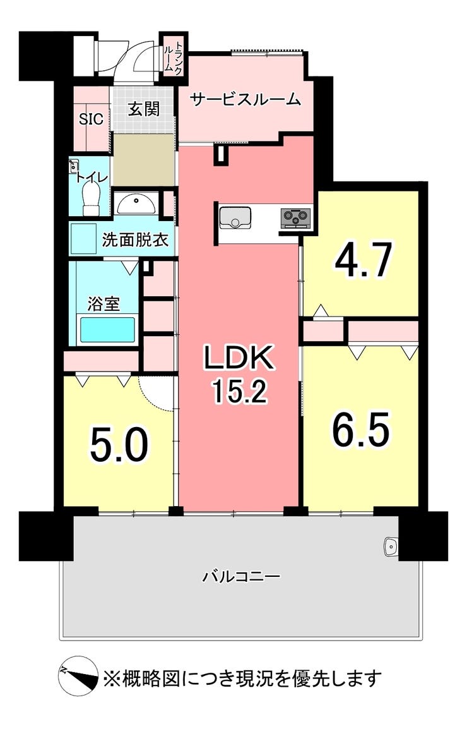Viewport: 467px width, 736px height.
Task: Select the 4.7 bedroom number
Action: click(x=363, y=260)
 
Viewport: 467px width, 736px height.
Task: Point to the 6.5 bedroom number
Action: click(x=361, y=429)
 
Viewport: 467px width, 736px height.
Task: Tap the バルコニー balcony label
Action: click(x=242, y=576)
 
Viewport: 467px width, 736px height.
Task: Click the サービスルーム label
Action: click(x=245, y=100)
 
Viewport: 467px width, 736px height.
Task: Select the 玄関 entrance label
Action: click(x=144, y=109)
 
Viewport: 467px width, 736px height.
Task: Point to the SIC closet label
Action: click(x=91, y=119)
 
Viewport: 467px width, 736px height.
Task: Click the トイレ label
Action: click(x=92, y=178)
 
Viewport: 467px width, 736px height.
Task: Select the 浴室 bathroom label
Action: click(x=104, y=304)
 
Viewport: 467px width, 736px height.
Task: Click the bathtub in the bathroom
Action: click(x=107, y=330)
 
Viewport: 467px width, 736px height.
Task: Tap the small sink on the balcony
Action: click(x=390, y=546)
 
